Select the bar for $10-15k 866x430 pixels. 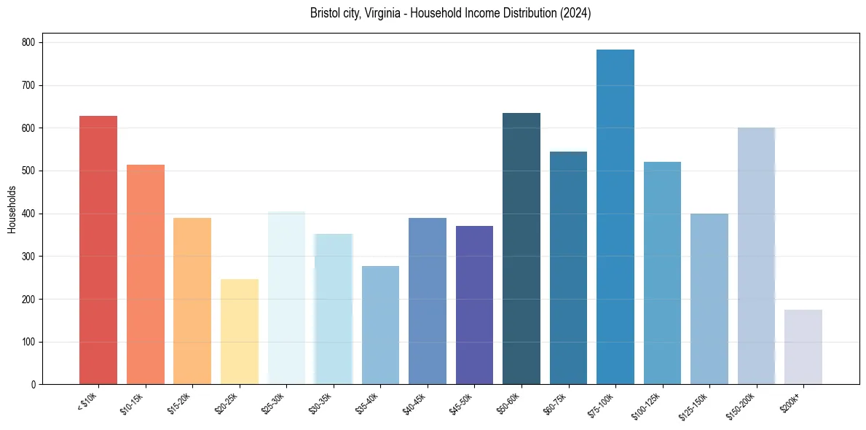tap(145, 275)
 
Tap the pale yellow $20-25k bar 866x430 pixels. tap(239, 332)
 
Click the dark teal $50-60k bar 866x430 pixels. tap(521, 249)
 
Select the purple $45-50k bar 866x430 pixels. tap(474, 305)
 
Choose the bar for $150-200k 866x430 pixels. tap(756, 256)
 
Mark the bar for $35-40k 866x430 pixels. tap(380, 325)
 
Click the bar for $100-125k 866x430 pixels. tap(662, 273)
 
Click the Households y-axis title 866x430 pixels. tap(12, 209)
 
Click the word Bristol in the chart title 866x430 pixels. tap(323, 14)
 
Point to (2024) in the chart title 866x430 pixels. tap(576, 14)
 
